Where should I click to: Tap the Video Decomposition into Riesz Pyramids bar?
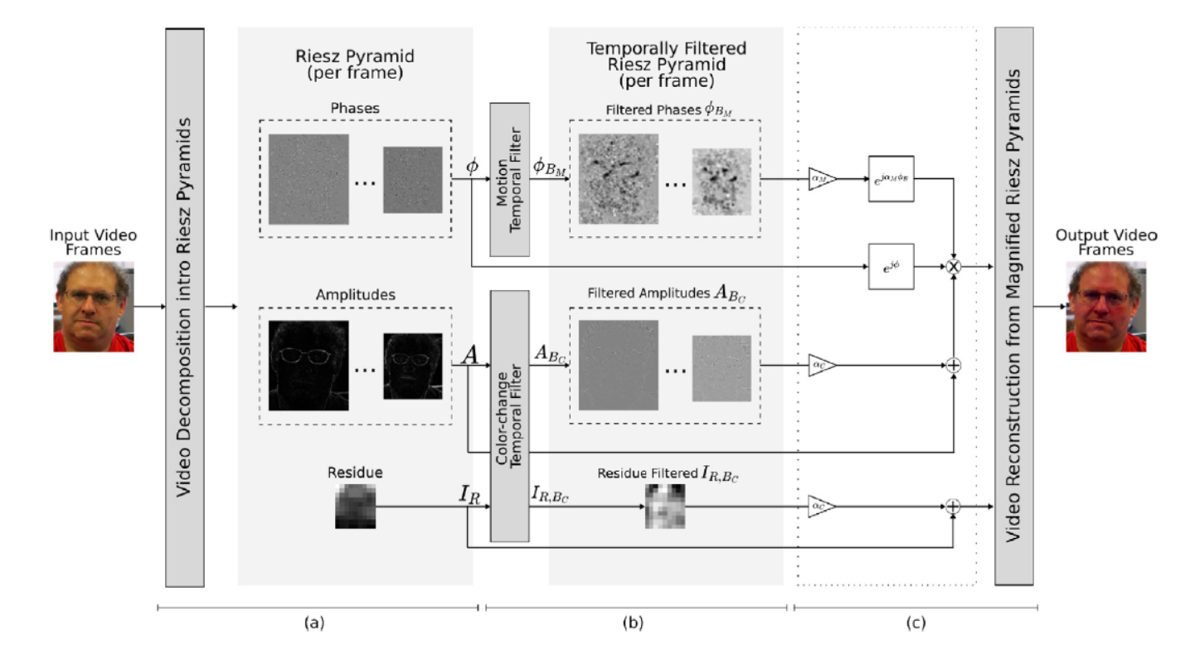[184, 306]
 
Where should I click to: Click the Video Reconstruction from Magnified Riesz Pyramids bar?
[1013, 306]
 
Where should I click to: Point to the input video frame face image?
[93, 307]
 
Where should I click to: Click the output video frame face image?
[1105, 307]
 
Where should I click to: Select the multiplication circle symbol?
[954, 268]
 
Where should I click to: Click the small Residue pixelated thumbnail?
[355, 507]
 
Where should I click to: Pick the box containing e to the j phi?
[891, 267]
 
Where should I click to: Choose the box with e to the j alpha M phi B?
[891, 178]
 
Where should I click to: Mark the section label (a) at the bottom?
[317, 620]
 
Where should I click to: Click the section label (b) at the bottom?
[636, 620]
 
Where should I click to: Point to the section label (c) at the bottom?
[915, 620]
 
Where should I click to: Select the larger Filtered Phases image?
[618, 179]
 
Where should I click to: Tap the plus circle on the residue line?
[954, 507]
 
